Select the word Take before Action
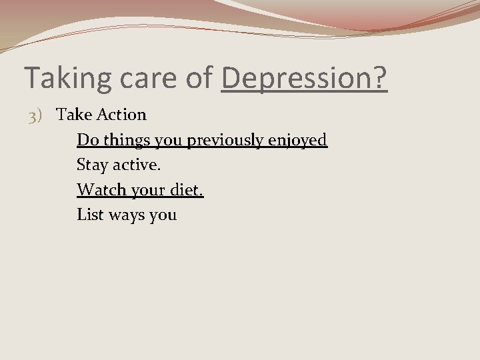[74, 115]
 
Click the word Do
[85, 140]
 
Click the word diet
[185, 190]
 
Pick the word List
[88, 215]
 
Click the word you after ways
[163, 215]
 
